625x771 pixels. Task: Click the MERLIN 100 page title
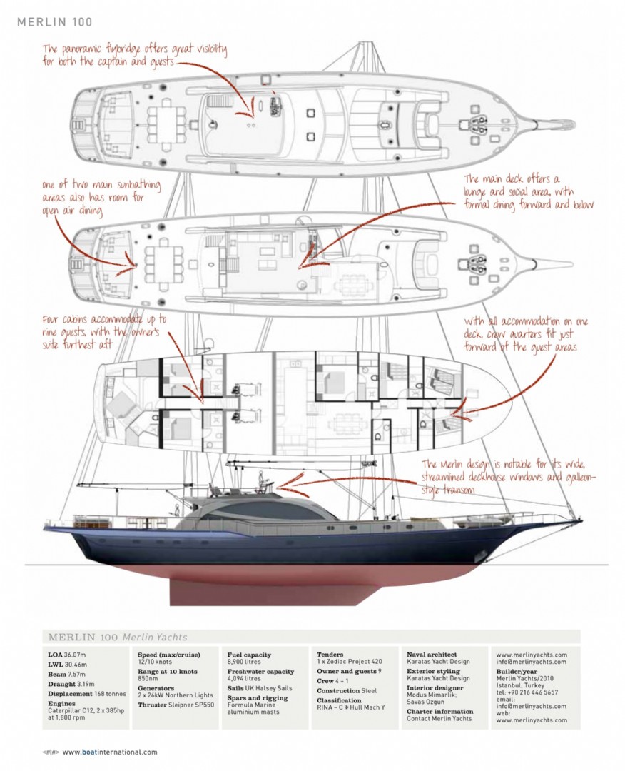pyautogui.click(x=54, y=22)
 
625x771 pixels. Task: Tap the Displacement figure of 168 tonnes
pyautogui.click(x=109, y=694)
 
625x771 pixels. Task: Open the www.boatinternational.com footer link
pyautogui.click(x=110, y=752)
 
